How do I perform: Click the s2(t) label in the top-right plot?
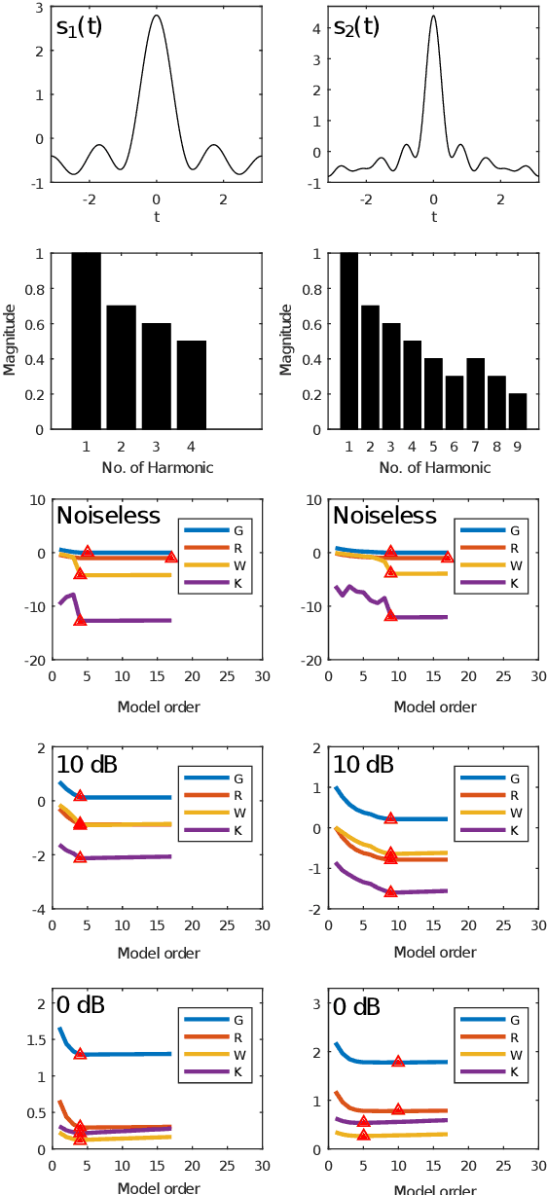[x=356, y=27]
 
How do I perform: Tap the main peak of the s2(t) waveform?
[x=433, y=17]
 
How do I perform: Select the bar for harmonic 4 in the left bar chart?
[x=192, y=384]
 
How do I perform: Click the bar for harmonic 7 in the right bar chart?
[x=474, y=393]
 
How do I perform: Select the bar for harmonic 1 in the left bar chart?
[x=86, y=341]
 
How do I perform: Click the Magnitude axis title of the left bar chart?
[x=9, y=340]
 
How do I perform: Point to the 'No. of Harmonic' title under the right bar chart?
[x=433, y=467]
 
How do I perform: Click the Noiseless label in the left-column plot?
[x=109, y=516]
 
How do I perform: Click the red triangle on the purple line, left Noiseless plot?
[x=80, y=620]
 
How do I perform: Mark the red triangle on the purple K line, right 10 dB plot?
[x=390, y=891]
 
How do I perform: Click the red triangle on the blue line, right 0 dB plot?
[x=398, y=1061]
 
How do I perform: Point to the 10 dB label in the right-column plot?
[x=363, y=765]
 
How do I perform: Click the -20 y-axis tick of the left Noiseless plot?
[x=32, y=660]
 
